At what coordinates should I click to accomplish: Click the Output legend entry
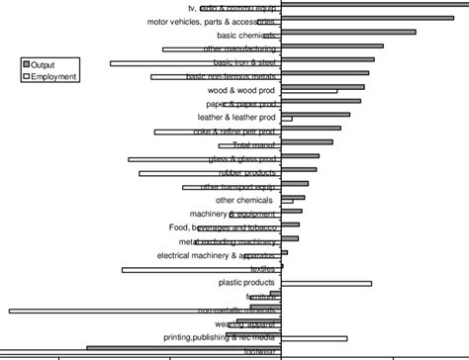click(43, 64)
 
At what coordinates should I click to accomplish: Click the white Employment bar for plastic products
click(327, 284)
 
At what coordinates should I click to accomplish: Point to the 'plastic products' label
click(245, 283)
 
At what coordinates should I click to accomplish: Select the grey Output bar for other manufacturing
click(332, 45)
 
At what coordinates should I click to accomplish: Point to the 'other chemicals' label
click(244, 200)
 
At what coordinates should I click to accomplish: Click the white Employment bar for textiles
click(202, 270)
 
